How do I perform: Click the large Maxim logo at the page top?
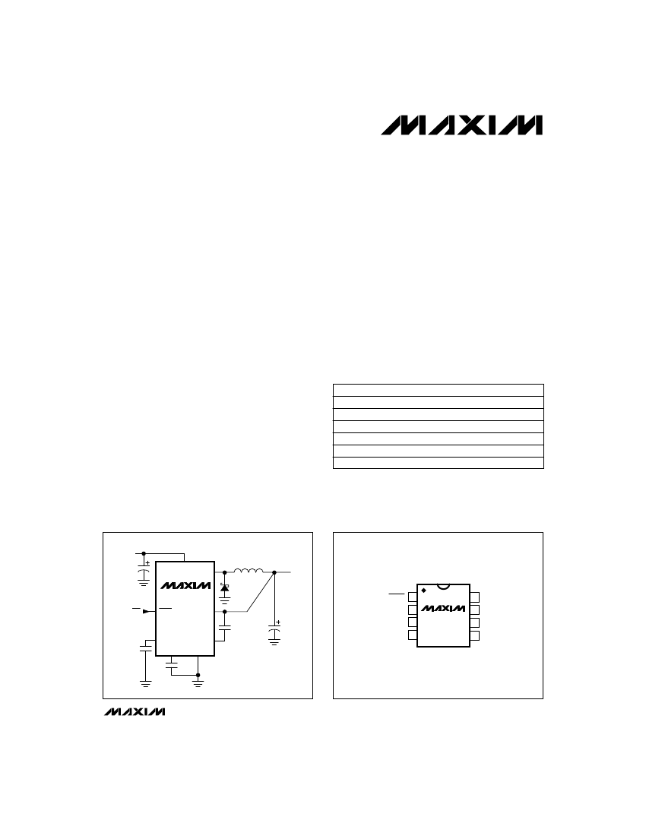461,125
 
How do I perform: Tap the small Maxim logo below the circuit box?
135,712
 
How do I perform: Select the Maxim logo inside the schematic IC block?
186,585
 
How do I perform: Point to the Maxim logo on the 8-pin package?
443,608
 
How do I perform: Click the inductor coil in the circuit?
249,571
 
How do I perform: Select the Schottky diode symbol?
225,587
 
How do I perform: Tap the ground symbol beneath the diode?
225,600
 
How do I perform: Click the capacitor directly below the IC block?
171,664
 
